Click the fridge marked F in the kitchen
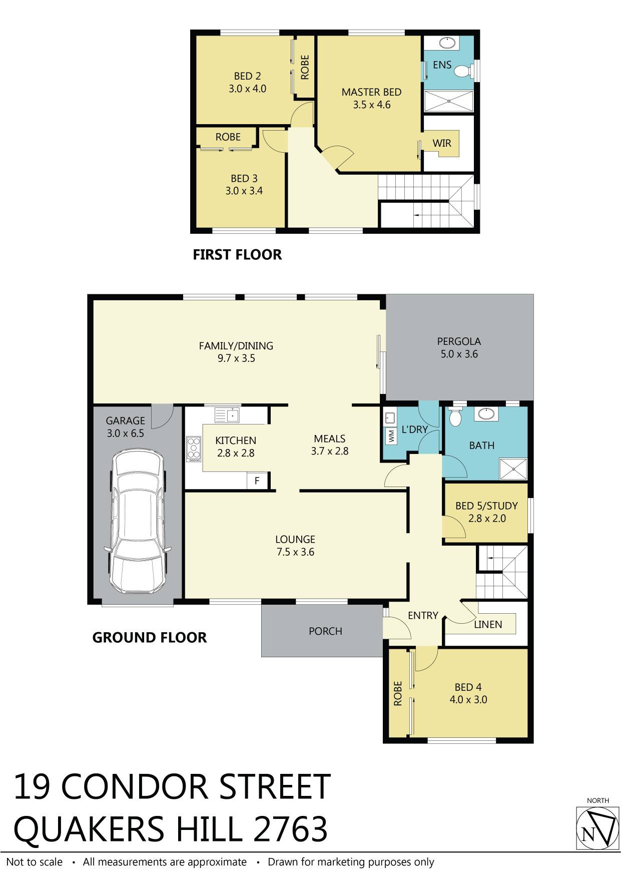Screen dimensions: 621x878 click(x=257, y=481)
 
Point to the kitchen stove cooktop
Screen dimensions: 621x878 click(x=193, y=449)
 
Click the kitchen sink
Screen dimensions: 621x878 click(x=228, y=415)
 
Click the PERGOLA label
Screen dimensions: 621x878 click(x=459, y=341)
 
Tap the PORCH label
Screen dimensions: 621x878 click(x=325, y=631)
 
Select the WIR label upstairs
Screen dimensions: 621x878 click(x=442, y=143)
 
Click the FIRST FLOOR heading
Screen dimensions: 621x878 click(x=237, y=255)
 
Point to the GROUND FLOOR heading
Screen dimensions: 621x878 click(x=150, y=638)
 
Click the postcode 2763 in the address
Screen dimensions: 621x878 click(x=291, y=829)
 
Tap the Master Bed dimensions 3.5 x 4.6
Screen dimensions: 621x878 click(x=371, y=105)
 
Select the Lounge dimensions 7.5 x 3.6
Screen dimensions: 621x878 click(x=295, y=552)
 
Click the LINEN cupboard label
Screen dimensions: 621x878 click(x=488, y=624)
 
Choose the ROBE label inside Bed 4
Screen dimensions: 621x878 click(x=398, y=693)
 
